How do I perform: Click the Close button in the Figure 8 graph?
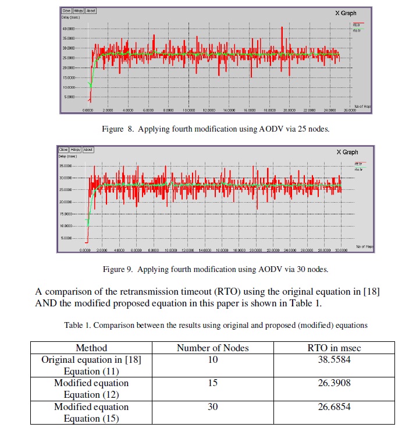66,10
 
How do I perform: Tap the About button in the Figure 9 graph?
88,150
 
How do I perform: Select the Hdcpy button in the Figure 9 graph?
75,150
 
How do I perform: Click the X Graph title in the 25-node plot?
346,13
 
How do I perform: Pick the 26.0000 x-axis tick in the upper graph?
349,110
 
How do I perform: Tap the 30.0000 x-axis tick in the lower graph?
342,250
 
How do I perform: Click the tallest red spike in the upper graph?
282,28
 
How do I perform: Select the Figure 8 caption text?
228,129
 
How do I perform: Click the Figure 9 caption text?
215,269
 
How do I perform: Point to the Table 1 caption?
216,324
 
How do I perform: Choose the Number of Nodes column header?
212,348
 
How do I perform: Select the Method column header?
91,348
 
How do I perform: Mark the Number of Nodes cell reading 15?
212,383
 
